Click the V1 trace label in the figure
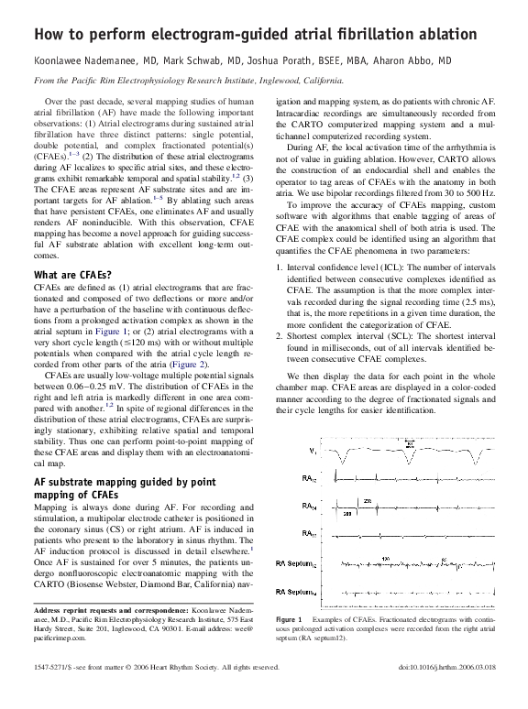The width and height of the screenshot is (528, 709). [312, 452]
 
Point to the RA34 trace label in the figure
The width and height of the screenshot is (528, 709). [312, 507]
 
